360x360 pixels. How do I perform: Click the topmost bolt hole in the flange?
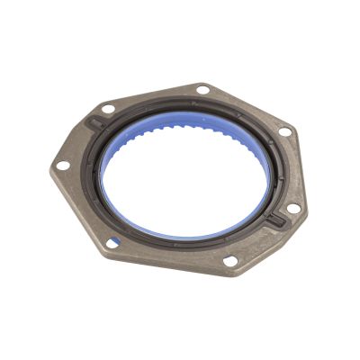(203, 90)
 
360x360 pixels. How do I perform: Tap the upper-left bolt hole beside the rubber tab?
(109, 109)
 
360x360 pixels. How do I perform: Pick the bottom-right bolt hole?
(229, 261)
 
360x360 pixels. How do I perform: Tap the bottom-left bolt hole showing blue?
(112, 242)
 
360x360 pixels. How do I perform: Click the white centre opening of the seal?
(184, 175)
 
